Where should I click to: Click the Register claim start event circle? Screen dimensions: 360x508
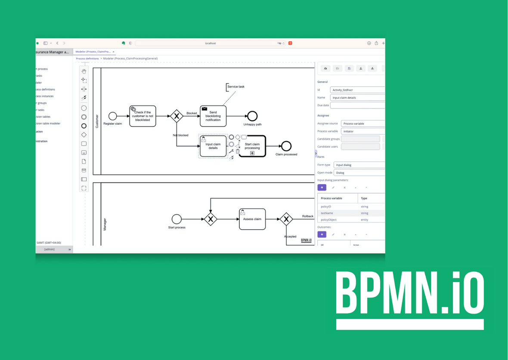point(112,116)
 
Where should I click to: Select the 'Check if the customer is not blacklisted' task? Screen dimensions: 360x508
point(142,116)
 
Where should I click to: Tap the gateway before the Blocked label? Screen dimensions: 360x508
point(177,116)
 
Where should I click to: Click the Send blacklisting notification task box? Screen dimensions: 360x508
point(213,116)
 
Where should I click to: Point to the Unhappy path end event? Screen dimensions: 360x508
point(252,116)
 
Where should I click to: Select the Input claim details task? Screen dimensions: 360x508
point(213,146)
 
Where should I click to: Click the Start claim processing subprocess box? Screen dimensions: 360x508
point(252,146)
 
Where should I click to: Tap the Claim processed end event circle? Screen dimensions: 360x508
point(286,146)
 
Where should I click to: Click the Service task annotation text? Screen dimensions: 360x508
point(236,87)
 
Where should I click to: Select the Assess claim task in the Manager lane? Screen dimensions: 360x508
point(252,219)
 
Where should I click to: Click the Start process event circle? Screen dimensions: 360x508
point(177,219)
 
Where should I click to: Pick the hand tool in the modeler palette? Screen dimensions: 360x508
point(84,71)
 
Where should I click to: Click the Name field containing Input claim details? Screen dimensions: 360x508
point(357,98)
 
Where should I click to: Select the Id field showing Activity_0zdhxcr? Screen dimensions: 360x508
point(357,90)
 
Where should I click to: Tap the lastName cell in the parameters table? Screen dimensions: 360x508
point(327,213)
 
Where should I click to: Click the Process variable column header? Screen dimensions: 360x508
point(331,198)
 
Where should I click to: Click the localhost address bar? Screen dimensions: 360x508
point(211,43)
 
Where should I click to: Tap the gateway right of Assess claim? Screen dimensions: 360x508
point(286,219)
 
